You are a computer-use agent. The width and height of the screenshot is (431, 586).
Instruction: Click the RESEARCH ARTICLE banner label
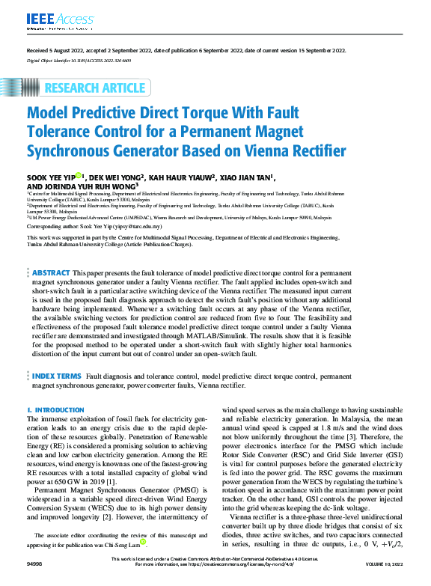tap(94, 88)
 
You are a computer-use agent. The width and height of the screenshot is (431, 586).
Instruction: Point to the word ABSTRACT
tap(52, 272)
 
